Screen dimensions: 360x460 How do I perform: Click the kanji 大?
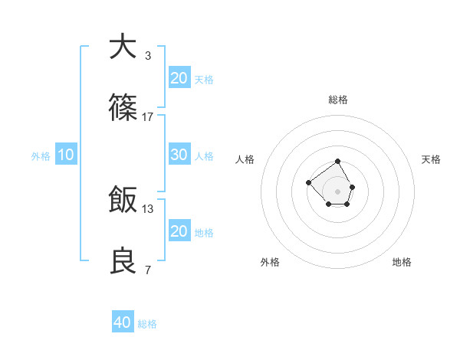[123, 47]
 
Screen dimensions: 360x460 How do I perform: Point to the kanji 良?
[123, 262]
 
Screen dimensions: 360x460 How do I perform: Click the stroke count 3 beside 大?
[147, 55]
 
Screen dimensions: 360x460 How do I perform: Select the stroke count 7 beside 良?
[147, 270]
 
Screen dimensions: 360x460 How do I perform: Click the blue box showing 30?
[179, 155]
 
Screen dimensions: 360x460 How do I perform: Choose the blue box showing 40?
[123, 322]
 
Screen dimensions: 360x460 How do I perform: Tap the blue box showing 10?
[66, 155]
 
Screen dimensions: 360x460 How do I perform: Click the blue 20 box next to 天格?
[179, 78]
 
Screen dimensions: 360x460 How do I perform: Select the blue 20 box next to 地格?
[179, 231]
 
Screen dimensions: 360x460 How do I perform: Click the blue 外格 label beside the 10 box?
[41, 156]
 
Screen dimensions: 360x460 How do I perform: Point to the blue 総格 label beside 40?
[147, 324]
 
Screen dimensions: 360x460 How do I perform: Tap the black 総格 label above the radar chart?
[338, 100]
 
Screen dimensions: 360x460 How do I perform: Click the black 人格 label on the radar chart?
[245, 159]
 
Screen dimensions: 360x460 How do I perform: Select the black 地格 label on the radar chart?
[402, 262]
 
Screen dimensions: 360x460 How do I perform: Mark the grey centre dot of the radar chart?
[338, 191]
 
